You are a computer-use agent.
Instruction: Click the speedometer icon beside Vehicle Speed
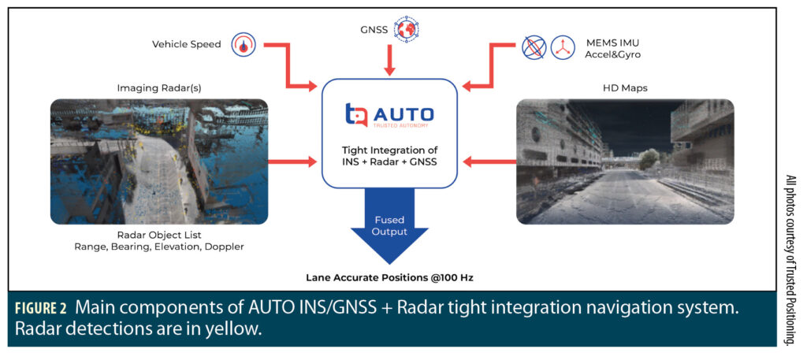click(243, 45)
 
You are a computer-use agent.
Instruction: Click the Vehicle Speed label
click(187, 45)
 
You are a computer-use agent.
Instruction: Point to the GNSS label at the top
click(375, 30)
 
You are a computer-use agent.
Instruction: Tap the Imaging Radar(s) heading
click(159, 87)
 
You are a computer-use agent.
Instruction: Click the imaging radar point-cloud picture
click(159, 161)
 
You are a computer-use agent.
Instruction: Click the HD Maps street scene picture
click(625, 161)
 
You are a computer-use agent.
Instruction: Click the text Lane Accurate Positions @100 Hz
click(389, 276)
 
